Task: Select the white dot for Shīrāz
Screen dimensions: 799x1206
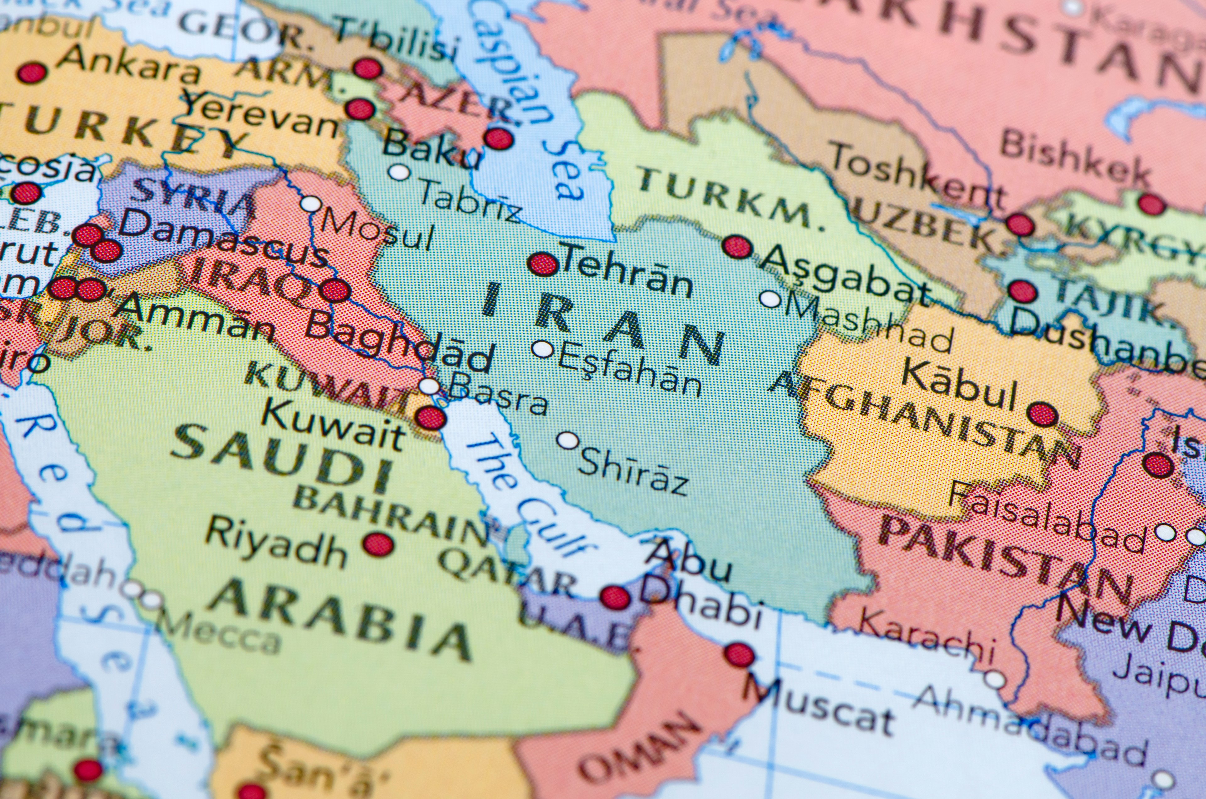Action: (568, 440)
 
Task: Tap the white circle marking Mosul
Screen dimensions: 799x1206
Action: (311, 204)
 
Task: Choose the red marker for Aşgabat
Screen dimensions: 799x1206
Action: (737, 247)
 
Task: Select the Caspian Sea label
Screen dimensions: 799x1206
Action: (530, 102)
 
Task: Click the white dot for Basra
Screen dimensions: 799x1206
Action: (429, 386)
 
